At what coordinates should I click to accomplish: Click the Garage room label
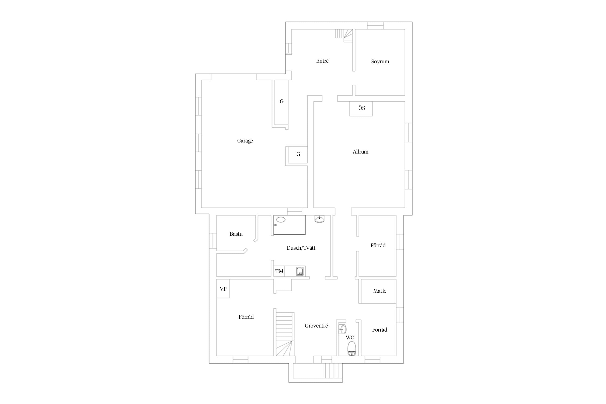(245, 141)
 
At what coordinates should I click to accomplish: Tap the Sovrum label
(380, 61)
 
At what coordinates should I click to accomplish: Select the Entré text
(322, 61)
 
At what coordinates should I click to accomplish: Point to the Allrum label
(360, 152)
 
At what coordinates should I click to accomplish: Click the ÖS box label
(361, 108)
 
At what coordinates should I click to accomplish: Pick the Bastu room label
(236, 234)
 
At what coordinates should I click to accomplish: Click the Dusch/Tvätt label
(301, 248)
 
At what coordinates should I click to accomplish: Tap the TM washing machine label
(279, 271)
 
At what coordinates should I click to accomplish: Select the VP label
(223, 289)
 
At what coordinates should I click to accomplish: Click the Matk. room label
(379, 291)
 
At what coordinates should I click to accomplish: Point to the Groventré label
(316, 326)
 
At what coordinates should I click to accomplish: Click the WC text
(350, 337)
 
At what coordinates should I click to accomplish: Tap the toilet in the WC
(351, 349)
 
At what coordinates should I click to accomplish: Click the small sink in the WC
(342, 329)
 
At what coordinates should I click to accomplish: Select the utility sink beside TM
(300, 271)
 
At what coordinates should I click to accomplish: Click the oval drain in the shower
(281, 220)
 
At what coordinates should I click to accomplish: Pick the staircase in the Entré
(344, 36)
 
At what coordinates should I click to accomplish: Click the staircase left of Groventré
(284, 334)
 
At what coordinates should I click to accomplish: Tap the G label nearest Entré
(281, 101)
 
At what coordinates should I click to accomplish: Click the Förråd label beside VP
(246, 317)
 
